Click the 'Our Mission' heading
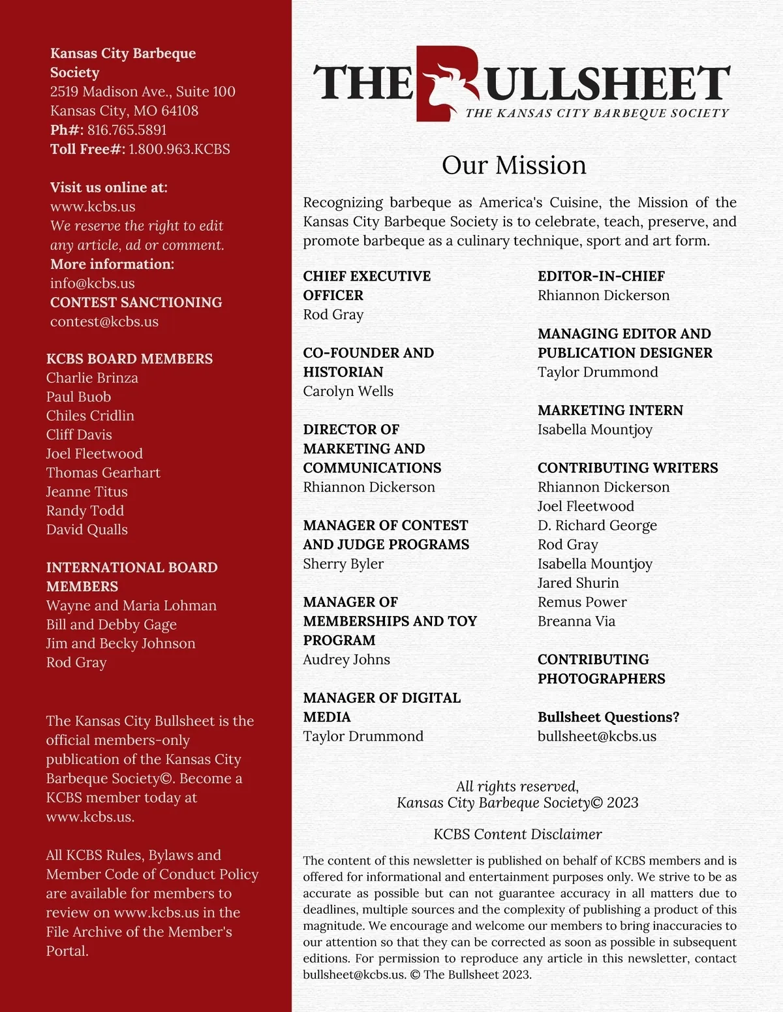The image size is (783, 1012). click(x=514, y=165)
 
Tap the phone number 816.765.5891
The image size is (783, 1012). click(x=127, y=130)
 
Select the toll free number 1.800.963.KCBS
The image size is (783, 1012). click(x=179, y=149)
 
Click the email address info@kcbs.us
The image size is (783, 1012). click(x=93, y=283)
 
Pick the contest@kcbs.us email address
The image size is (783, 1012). click(x=104, y=322)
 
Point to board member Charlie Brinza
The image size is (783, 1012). click(x=92, y=378)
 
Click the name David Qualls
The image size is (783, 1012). click(x=87, y=529)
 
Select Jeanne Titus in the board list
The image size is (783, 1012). click(x=87, y=491)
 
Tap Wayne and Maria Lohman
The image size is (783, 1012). click(x=131, y=606)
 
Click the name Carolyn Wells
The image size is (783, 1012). click(x=348, y=391)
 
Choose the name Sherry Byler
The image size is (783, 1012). click(x=343, y=564)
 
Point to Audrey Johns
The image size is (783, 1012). click(x=346, y=659)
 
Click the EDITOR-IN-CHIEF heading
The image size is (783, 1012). click(x=601, y=276)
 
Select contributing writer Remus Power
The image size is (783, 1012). click(x=582, y=602)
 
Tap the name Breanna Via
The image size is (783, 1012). click(x=576, y=621)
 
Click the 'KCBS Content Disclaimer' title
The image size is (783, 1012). click(x=517, y=834)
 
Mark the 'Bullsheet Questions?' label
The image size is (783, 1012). click(x=608, y=717)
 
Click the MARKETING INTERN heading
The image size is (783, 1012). click(x=610, y=410)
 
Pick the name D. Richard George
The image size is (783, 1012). click(x=597, y=525)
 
